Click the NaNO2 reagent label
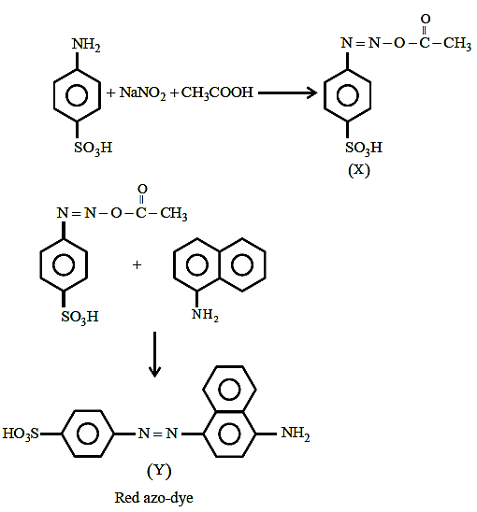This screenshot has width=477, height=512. [x=142, y=93]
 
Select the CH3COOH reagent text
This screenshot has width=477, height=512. [x=217, y=93]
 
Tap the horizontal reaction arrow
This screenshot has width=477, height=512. [x=288, y=93]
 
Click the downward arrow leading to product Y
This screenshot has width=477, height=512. [x=154, y=354]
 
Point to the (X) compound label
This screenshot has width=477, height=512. [x=359, y=170]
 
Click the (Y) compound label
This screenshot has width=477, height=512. [x=159, y=471]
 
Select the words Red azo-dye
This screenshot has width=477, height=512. [x=153, y=498]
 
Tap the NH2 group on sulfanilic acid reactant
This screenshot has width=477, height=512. [x=86, y=45]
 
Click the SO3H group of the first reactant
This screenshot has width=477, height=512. [x=94, y=148]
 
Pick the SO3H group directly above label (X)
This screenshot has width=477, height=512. [x=364, y=148]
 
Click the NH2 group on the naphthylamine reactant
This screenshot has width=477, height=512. [x=205, y=315]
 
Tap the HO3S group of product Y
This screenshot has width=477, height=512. [x=21, y=434]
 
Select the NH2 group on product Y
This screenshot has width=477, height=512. [x=296, y=434]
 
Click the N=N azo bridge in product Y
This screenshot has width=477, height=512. [x=158, y=434]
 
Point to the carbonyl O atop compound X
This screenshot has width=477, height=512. [x=426, y=19]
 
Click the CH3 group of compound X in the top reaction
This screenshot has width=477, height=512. [x=457, y=43]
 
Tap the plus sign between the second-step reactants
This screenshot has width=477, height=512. [x=137, y=264]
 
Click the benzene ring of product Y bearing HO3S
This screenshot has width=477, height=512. [x=88, y=434]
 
